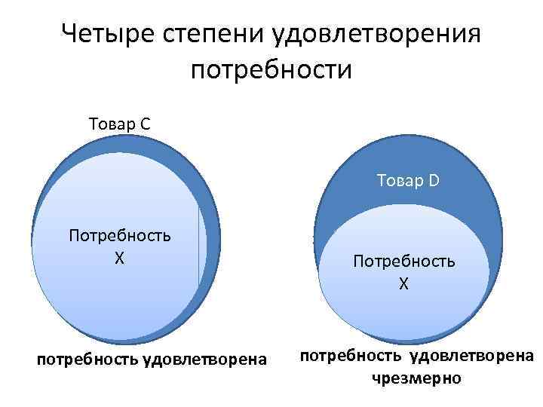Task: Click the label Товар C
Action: coord(119,124)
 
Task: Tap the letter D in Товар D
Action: coord(434,180)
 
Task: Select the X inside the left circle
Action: coord(119,257)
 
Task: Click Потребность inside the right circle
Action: coord(403,261)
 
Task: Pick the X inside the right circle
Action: coord(403,283)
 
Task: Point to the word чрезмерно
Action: coord(416,378)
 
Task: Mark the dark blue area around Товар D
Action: coord(354,196)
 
